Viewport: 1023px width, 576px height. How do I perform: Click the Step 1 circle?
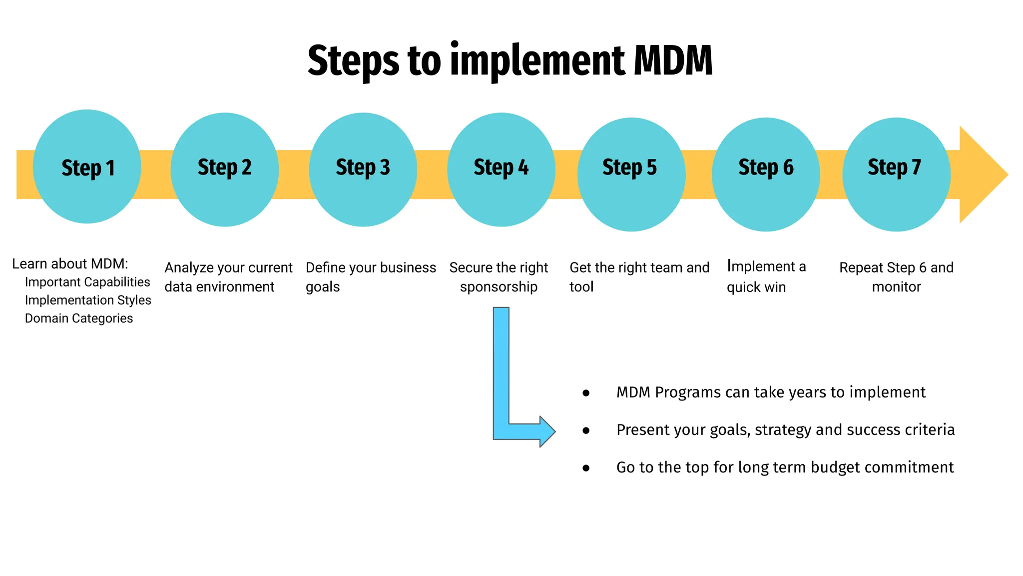point(87,166)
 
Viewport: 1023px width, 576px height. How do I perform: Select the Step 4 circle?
point(501,169)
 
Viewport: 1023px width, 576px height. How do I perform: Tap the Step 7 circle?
point(896,174)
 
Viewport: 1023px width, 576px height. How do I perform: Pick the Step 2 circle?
point(224,169)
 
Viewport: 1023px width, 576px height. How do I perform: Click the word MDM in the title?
point(673,60)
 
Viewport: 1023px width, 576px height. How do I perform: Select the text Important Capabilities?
point(87,282)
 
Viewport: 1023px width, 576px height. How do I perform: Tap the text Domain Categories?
point(79,318)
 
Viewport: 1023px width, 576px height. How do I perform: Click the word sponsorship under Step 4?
point(499,287)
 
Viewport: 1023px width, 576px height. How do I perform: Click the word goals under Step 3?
point(323,287)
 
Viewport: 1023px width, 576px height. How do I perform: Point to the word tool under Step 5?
point(581,287)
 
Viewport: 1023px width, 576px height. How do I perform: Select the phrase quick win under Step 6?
point(756,287)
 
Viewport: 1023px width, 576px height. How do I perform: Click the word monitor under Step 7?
point(896,287)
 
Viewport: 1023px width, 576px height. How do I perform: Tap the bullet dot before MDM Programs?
point(586,393)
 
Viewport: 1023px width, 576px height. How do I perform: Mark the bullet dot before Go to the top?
point(586,468)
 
